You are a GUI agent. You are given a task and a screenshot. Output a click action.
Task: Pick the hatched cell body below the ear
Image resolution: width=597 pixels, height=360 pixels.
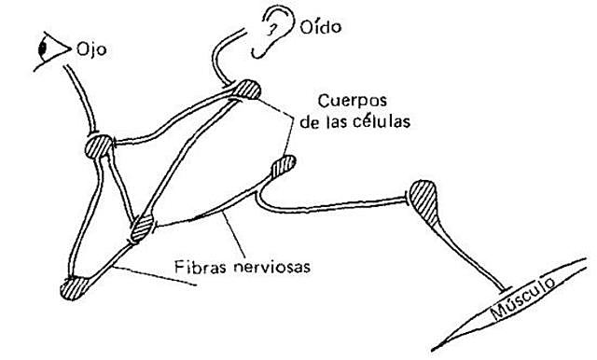pos(247,90)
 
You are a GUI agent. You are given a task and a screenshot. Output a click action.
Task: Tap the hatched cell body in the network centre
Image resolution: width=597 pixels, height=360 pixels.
pos(142,228)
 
